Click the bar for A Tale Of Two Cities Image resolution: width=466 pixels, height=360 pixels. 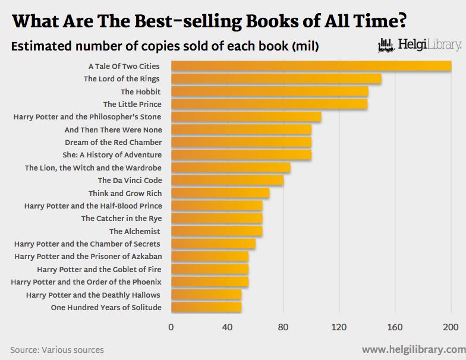coord(311,66)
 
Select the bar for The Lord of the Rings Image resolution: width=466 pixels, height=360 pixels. coord(276,78)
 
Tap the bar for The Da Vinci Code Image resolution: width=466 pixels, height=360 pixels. coord(227,180)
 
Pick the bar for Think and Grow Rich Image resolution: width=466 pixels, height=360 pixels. coord(220,193)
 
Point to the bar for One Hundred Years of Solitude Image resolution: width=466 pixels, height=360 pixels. coord(206,307)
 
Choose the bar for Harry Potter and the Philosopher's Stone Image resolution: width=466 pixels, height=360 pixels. coord(246,116)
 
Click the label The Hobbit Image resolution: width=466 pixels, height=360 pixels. coord(141,91)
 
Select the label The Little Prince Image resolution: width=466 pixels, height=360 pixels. coord(132,105)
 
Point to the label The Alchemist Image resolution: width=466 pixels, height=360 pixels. coord(136,231)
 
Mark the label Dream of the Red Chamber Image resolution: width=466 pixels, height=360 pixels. coord(113,142)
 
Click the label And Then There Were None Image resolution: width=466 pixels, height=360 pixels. coord(113,130)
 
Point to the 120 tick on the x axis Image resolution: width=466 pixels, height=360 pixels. coord(339,327)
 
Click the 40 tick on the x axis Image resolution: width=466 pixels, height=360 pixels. coord(227,327)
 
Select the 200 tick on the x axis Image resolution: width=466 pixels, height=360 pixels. coord(451,327)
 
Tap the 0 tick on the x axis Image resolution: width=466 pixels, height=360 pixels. coord(171,327)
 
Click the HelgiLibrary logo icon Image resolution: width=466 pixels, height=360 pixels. coord(386,45)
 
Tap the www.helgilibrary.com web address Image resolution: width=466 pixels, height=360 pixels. coord(414,349)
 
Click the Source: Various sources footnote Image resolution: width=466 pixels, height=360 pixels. coord(57,350)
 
